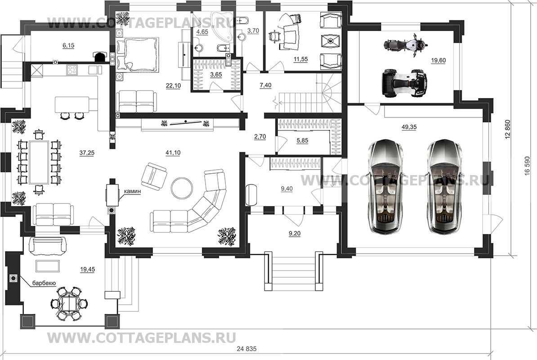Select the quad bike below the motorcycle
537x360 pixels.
tap(403, 83)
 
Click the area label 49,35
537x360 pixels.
tap(409, 127)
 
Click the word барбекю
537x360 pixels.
tap(44, 283)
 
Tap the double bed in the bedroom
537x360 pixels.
tap(138, 54)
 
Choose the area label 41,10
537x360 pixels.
tap(173, 153)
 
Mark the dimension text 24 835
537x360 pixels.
tap(246, 349)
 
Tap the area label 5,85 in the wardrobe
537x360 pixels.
tap(302, 140)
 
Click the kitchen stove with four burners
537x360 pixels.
tap(72, 70)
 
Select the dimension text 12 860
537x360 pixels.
tap(508, 130)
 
